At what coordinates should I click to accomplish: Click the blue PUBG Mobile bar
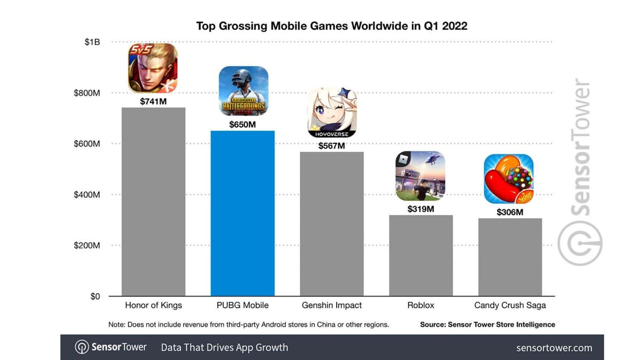[x=243, y=213]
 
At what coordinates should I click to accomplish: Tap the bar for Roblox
[x=421, y=255]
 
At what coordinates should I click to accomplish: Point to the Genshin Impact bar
[x=332, y=224]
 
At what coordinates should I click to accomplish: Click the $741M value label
[x=154, y=101]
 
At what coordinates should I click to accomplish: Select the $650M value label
[x=243, y=124]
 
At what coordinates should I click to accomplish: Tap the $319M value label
[x=421, y=209]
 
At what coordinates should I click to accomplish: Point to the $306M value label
[x=510, y=212]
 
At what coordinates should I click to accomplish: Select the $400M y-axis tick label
[x=87, y=195]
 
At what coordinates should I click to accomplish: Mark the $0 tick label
[x=95, y=297]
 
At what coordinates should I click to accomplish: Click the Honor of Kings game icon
[x=153, y=68]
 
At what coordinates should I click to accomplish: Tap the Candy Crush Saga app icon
[x=509, y=179]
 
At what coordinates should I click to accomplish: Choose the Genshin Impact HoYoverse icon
[x=332, y=113]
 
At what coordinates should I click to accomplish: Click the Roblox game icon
[x=420, y=176]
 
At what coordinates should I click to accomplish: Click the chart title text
[x=332, y=26]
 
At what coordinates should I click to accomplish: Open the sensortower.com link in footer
[x=554, y=348]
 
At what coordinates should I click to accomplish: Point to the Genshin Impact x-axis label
[x=332, y=306]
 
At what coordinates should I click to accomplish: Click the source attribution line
[x=487, y=324]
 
